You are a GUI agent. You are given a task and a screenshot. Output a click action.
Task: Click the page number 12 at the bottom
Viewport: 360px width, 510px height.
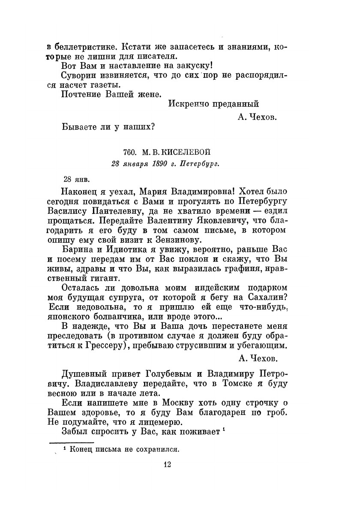tap(167, 464)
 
